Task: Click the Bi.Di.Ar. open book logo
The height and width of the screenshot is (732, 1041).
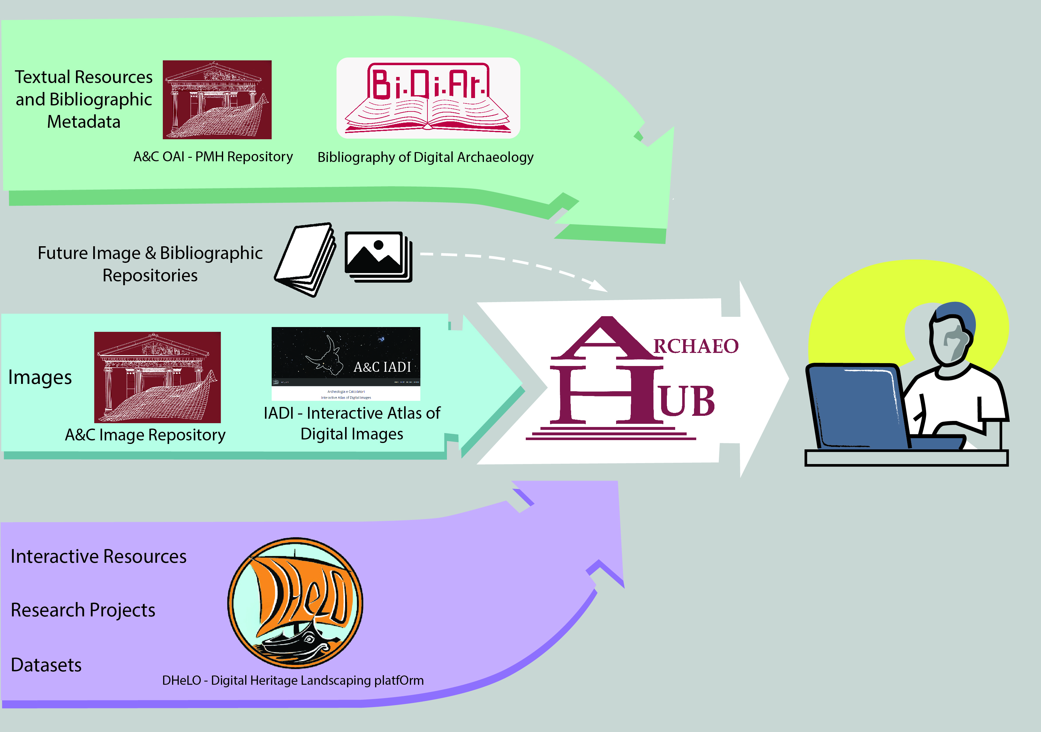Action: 428,98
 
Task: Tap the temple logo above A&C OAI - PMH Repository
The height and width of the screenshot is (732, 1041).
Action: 217,100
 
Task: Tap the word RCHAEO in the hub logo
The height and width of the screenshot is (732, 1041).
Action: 696,347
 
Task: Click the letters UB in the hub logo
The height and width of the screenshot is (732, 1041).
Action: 687,401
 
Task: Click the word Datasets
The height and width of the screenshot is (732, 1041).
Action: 46,665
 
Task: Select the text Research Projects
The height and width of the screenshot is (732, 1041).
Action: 83,610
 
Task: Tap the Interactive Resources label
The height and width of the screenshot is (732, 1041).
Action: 98,556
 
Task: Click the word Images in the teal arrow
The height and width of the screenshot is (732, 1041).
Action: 40,377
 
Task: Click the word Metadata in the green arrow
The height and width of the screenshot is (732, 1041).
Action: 84,122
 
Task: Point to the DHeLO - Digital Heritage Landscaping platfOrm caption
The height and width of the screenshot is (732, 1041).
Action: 293,680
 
